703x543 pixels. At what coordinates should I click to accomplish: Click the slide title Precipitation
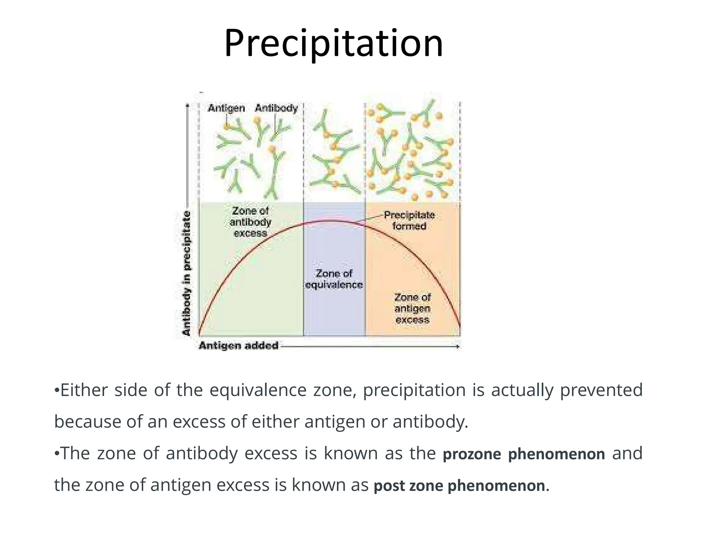tap(333, 44)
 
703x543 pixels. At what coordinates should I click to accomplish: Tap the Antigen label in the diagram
tap(226, 108)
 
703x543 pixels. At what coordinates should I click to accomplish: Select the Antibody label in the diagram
tap(276, 108)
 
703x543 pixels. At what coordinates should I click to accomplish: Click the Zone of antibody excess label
tap(250, 222)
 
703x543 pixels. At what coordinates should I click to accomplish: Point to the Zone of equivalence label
tap(334, 279)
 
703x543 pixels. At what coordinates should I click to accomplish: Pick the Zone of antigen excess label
tap(412, 308)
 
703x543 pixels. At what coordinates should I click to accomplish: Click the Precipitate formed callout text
tap(409, 220)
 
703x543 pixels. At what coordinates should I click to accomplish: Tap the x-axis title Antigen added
tap(239, 345)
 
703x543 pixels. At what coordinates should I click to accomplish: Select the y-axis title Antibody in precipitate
tap(186, 273)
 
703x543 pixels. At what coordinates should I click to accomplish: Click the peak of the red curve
tap(330, 221)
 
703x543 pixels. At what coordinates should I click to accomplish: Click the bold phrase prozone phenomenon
tap(524, 454)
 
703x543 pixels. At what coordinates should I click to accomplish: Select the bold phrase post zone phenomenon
tap(459, 486)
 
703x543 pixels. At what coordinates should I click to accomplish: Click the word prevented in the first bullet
tap(601, 390)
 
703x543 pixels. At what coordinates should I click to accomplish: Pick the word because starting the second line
tap(88, 422)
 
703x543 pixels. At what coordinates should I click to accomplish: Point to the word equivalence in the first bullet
tap(258, 391)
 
